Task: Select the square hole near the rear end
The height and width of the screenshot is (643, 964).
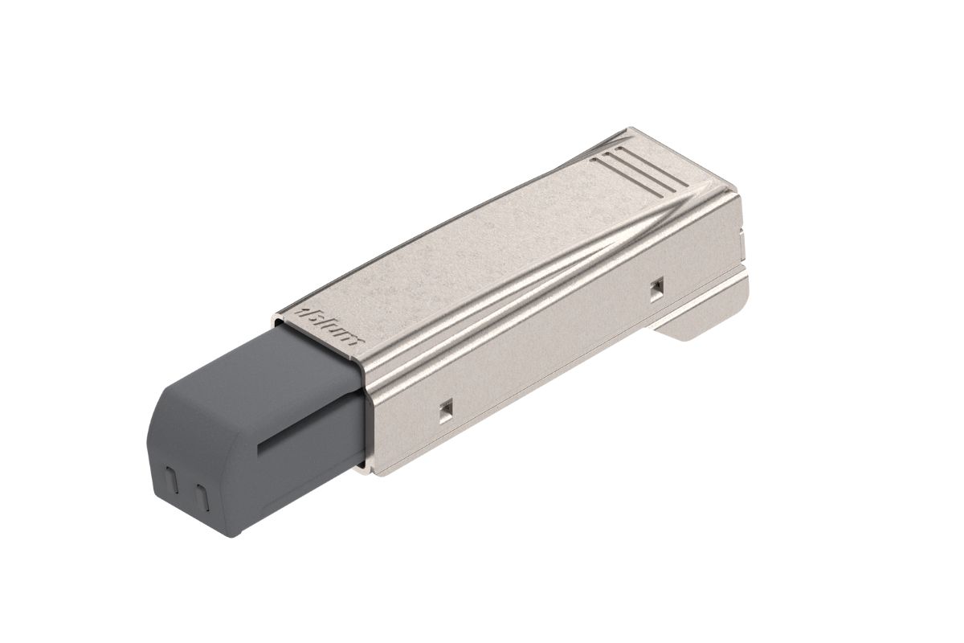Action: [x=657, y=288]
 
